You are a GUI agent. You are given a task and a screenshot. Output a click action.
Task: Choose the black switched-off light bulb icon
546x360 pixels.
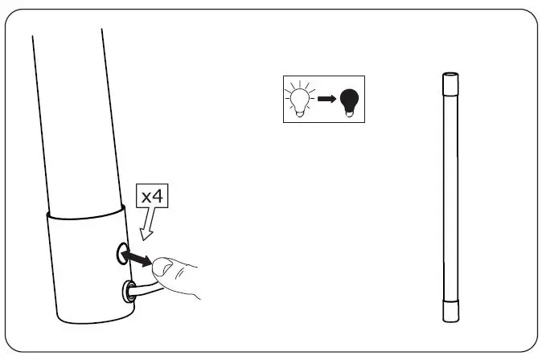pyautogui.click(x=348, y=100)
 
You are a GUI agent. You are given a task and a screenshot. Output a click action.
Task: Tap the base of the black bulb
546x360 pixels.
pyautogui.click(x=348, y=113)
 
